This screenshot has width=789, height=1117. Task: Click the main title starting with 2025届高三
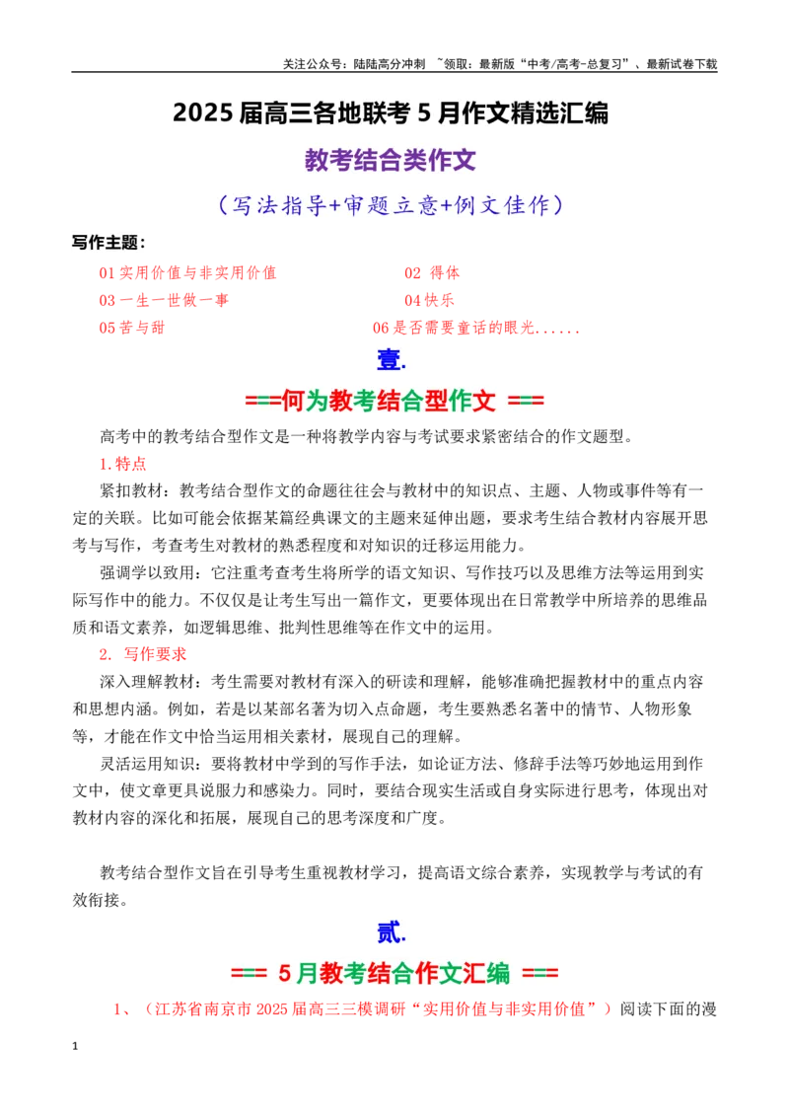click(x=391, y=113)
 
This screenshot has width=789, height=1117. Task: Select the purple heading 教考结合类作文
click(x=391, y=160)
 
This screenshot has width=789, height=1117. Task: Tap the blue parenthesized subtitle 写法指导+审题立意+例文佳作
click(x=391, y=205)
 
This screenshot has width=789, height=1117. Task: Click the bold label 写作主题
click(x=108, y=242)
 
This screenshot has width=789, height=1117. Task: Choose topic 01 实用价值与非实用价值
click(x=187, y=273)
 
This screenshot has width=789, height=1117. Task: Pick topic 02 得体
click(x=432, y=273)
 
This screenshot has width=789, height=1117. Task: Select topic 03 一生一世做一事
click(x=164, y=300)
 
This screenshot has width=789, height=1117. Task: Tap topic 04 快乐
click(x=429, y=300)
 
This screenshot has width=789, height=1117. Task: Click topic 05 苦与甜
click(x=132, y=328)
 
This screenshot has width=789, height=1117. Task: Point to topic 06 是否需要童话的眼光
click(x=475, y=328)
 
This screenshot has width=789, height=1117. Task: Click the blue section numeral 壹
click(x=391, y=360)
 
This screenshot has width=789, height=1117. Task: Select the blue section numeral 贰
click(x=391, y=931)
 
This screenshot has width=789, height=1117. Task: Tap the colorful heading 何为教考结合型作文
click(x=394, y=401)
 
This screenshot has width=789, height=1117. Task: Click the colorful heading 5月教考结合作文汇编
click(x=394, y=972)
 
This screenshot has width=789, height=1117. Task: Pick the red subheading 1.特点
click(x=122, y=464)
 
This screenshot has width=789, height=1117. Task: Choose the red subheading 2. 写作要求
click(x=142, y=654)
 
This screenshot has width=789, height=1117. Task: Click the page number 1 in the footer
click(x=75, y=1046)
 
